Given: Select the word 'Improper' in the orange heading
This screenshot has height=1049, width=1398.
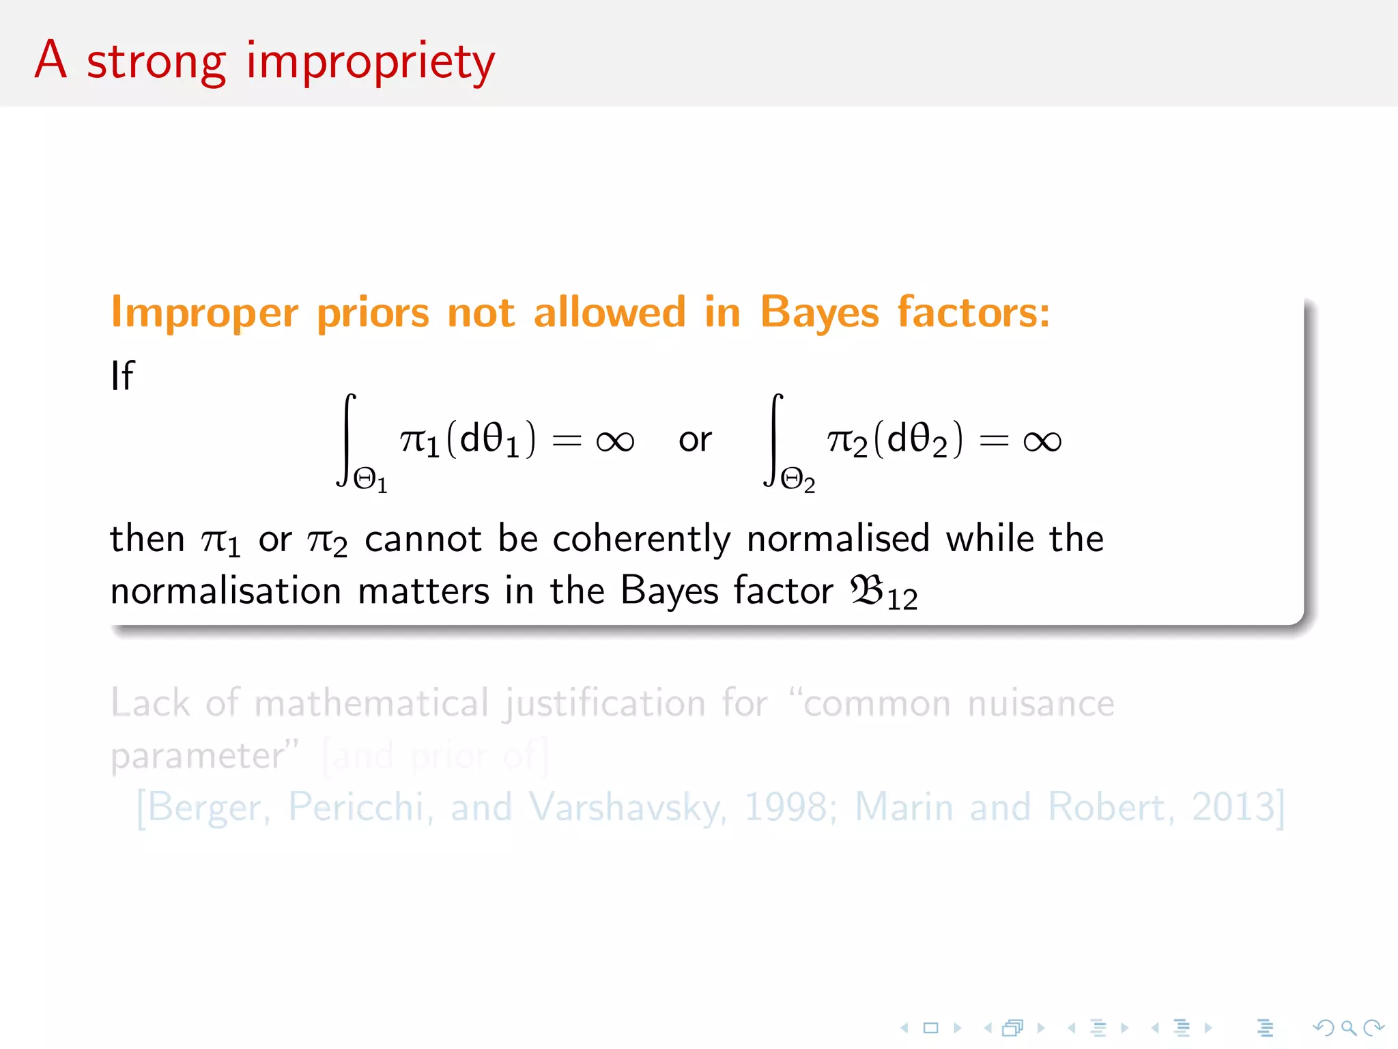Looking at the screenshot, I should (x=205, y=313).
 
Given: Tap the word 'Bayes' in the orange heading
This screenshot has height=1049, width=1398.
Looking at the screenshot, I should (x=819, y=313).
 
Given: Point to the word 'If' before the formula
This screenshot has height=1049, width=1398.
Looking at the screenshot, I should (x=122, y=376).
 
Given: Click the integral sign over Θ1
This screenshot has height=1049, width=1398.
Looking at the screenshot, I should (x=347, y=439).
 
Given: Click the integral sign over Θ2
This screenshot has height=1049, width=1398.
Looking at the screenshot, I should (x=773, y=439).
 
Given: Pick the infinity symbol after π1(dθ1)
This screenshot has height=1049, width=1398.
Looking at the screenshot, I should (x=615, y=441).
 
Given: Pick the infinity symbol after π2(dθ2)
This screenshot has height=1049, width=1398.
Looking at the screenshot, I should (x=1042, y=441).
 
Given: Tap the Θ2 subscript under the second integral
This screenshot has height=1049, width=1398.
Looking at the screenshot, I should (x=797, y=480).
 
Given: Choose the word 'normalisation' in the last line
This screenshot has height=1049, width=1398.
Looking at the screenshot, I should (x=226, y=591).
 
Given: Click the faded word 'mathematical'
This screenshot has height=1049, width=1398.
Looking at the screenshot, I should (x=372, y=703).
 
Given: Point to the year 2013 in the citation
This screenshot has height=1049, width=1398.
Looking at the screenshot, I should (x=1233, y=807).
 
